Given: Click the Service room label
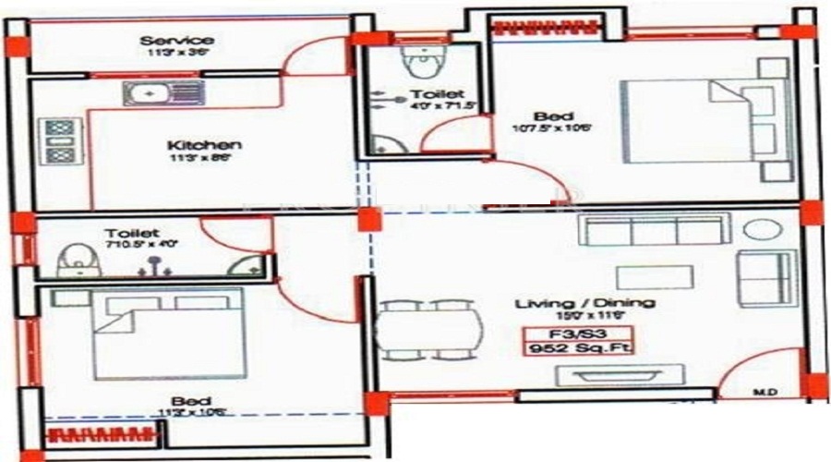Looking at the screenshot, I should (x=177, y=41).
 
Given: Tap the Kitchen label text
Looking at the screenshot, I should (x=204, y=146).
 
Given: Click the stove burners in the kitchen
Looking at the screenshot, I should (x=58, y=140).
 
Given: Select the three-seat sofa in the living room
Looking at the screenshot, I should (x=654, y=229).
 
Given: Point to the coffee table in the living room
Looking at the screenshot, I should (x=655, y=277).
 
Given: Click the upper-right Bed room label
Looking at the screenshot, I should (x=547, y=116).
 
